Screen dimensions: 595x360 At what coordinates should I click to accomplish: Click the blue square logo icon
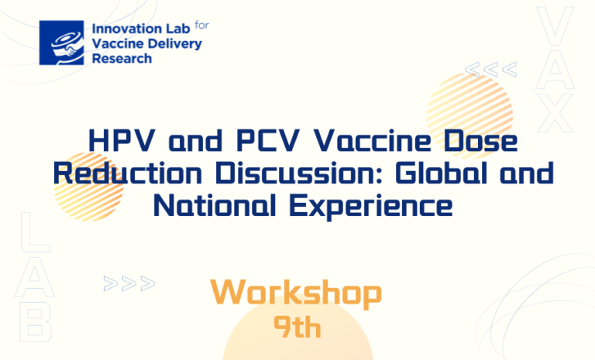pos(61,43)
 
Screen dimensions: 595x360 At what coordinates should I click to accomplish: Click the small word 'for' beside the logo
pos(202,26)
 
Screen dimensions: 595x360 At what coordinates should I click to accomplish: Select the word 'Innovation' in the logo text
pos(122,29)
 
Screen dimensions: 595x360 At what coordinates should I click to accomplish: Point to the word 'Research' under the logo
pos(122,59)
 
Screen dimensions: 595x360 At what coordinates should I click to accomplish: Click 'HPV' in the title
pos(122,141)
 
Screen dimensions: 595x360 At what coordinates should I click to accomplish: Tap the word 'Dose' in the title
pos(480,141)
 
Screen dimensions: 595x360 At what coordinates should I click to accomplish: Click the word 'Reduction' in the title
pos(128,173)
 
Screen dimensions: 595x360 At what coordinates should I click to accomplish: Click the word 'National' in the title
pos(215,205)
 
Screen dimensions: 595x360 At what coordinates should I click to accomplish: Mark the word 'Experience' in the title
pos(371,207)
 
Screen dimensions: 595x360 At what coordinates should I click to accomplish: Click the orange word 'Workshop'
pos(296,293)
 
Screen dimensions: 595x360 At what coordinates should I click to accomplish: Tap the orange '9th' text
pos(297,327)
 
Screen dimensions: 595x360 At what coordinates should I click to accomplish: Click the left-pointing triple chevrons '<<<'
pos(491,70)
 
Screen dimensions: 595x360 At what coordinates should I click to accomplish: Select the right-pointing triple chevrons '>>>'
pos(129,283)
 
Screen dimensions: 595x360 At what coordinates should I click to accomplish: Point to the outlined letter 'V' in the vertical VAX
pos(555,26)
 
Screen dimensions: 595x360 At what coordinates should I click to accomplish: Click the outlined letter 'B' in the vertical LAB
pos(35,323)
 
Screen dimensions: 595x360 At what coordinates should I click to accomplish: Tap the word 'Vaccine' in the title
pos(372,141)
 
